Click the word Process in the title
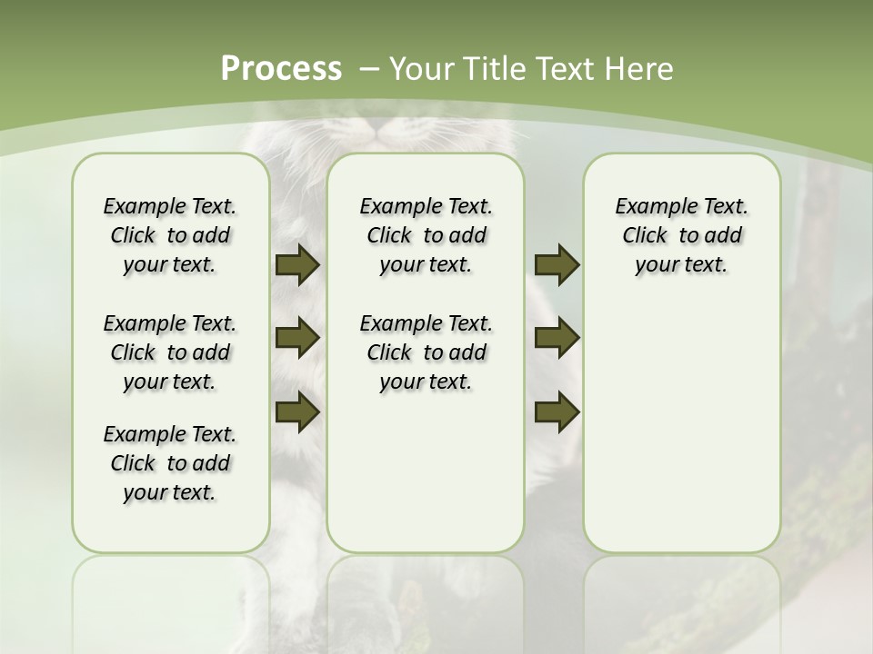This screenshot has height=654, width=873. click(281, 68)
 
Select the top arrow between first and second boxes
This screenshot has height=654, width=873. click(297, 265)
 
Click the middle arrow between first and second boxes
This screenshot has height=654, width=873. click(297, 338)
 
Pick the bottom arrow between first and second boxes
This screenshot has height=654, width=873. click(297, 411)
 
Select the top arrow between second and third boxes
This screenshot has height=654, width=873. click(557, 265)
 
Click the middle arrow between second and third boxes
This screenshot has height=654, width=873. click(557, 338)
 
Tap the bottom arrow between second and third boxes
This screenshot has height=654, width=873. click(557, 411)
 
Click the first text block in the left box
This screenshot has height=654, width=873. click(170, 235)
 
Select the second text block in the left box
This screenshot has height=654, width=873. click(170, 352)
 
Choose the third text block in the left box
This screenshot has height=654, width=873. click(170, 463)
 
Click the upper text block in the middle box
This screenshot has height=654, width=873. click(426, 235)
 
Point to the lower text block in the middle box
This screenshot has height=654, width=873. click(426, 352)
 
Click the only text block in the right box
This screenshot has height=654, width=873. click(682, 235)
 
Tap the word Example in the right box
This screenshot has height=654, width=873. click(647, 207)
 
